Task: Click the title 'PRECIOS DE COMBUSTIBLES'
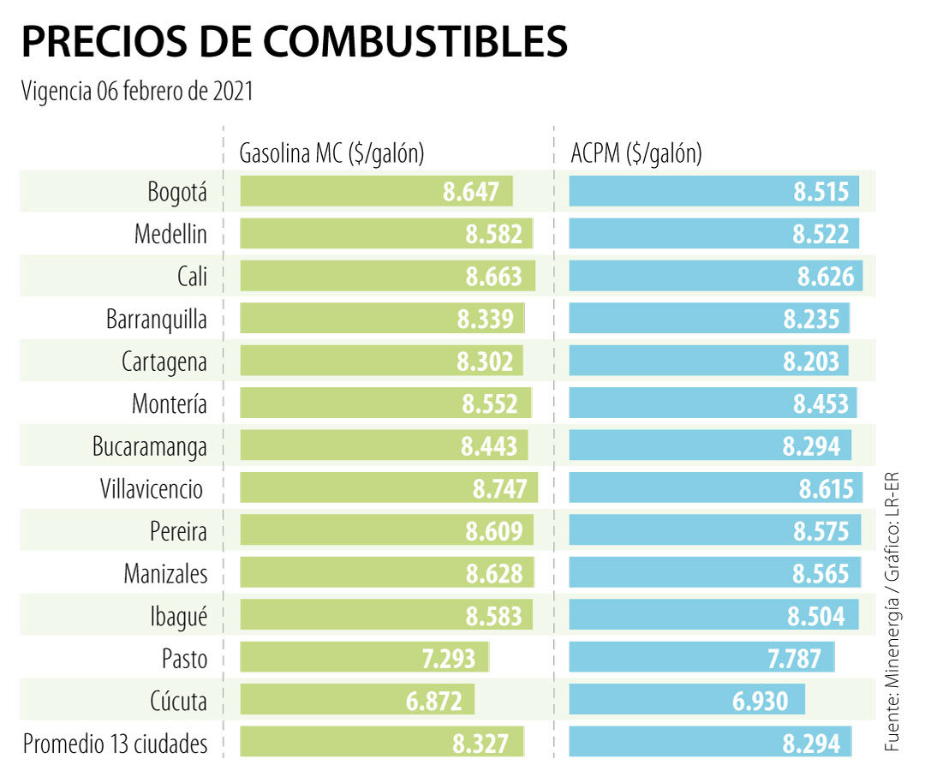pos(295,41)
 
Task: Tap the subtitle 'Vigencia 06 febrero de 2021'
pos(137,91)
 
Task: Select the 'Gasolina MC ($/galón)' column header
pos(332,153)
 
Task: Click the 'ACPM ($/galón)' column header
pos(636,153)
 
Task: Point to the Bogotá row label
pos(177,192)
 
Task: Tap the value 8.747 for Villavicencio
pos(504,489)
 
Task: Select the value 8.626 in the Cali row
pos(826,277)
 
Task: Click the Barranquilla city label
pos(157,320)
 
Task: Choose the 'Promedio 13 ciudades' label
pos(116,744)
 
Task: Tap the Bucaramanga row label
pos(150,446)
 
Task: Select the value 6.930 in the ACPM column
pos(760,702)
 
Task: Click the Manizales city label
pos(165,574)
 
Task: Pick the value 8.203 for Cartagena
pos(811,362)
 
